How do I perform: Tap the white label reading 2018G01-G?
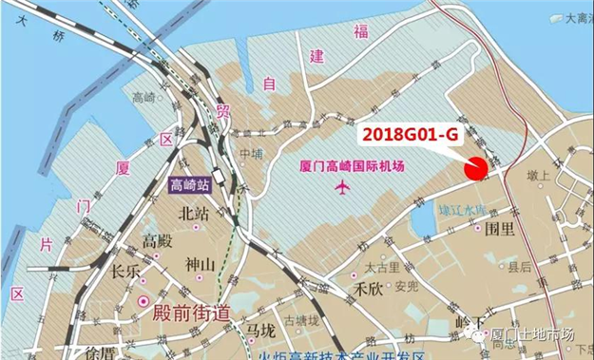click(x=411, y=136)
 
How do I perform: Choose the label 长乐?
click(x=125, y=272)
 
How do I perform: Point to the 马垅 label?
click(x=259, y=330)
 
